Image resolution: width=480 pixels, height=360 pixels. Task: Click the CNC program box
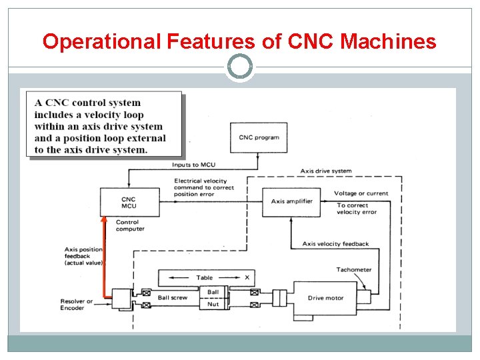click(x=259, y=137)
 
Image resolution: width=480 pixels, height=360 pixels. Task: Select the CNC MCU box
click(x=129, y=202)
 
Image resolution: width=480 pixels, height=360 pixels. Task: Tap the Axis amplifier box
click(x=291, y=201)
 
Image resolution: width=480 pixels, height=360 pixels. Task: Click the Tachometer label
click(x=354, y=270)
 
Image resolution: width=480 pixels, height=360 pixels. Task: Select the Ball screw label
click(x=173, y=297)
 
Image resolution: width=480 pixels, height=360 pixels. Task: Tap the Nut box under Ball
click(x=213, y=304)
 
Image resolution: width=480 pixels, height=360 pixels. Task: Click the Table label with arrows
click(x=205, y=277)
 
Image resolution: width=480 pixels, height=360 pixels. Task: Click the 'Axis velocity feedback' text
click(x=335, y=244)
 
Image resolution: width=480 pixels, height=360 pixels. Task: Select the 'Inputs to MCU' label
click(x=193, y=164)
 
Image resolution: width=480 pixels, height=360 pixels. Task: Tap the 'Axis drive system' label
click(x=326, y=171)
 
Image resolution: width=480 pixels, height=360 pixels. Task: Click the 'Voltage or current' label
click(x=361, y=193)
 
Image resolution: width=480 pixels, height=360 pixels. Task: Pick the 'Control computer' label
click(x=130, y=225)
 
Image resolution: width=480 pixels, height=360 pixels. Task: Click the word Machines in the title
click(x=389, y=42)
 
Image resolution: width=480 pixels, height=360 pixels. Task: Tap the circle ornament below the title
click(x=240, y=67)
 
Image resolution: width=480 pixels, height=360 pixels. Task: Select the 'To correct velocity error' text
click(x=357, y=209)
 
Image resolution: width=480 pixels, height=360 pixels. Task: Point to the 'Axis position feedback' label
click(x=83, y=256)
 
